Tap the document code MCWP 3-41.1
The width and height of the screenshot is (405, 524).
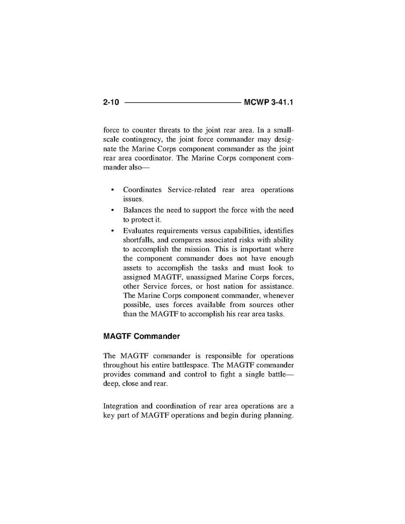[x=269, y=103]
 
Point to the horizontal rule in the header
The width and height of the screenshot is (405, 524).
[x=182, y=103]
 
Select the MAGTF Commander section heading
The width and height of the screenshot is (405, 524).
[x=141, y=336]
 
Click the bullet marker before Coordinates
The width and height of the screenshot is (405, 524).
[x=113, y=190]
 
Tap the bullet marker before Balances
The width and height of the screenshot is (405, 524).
[x=113, y=210]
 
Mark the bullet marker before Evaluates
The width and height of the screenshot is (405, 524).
[x=113, y=231]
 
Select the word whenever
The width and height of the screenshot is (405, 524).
[x=278, y=296]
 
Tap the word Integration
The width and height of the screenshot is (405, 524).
[x=121, y=406]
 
